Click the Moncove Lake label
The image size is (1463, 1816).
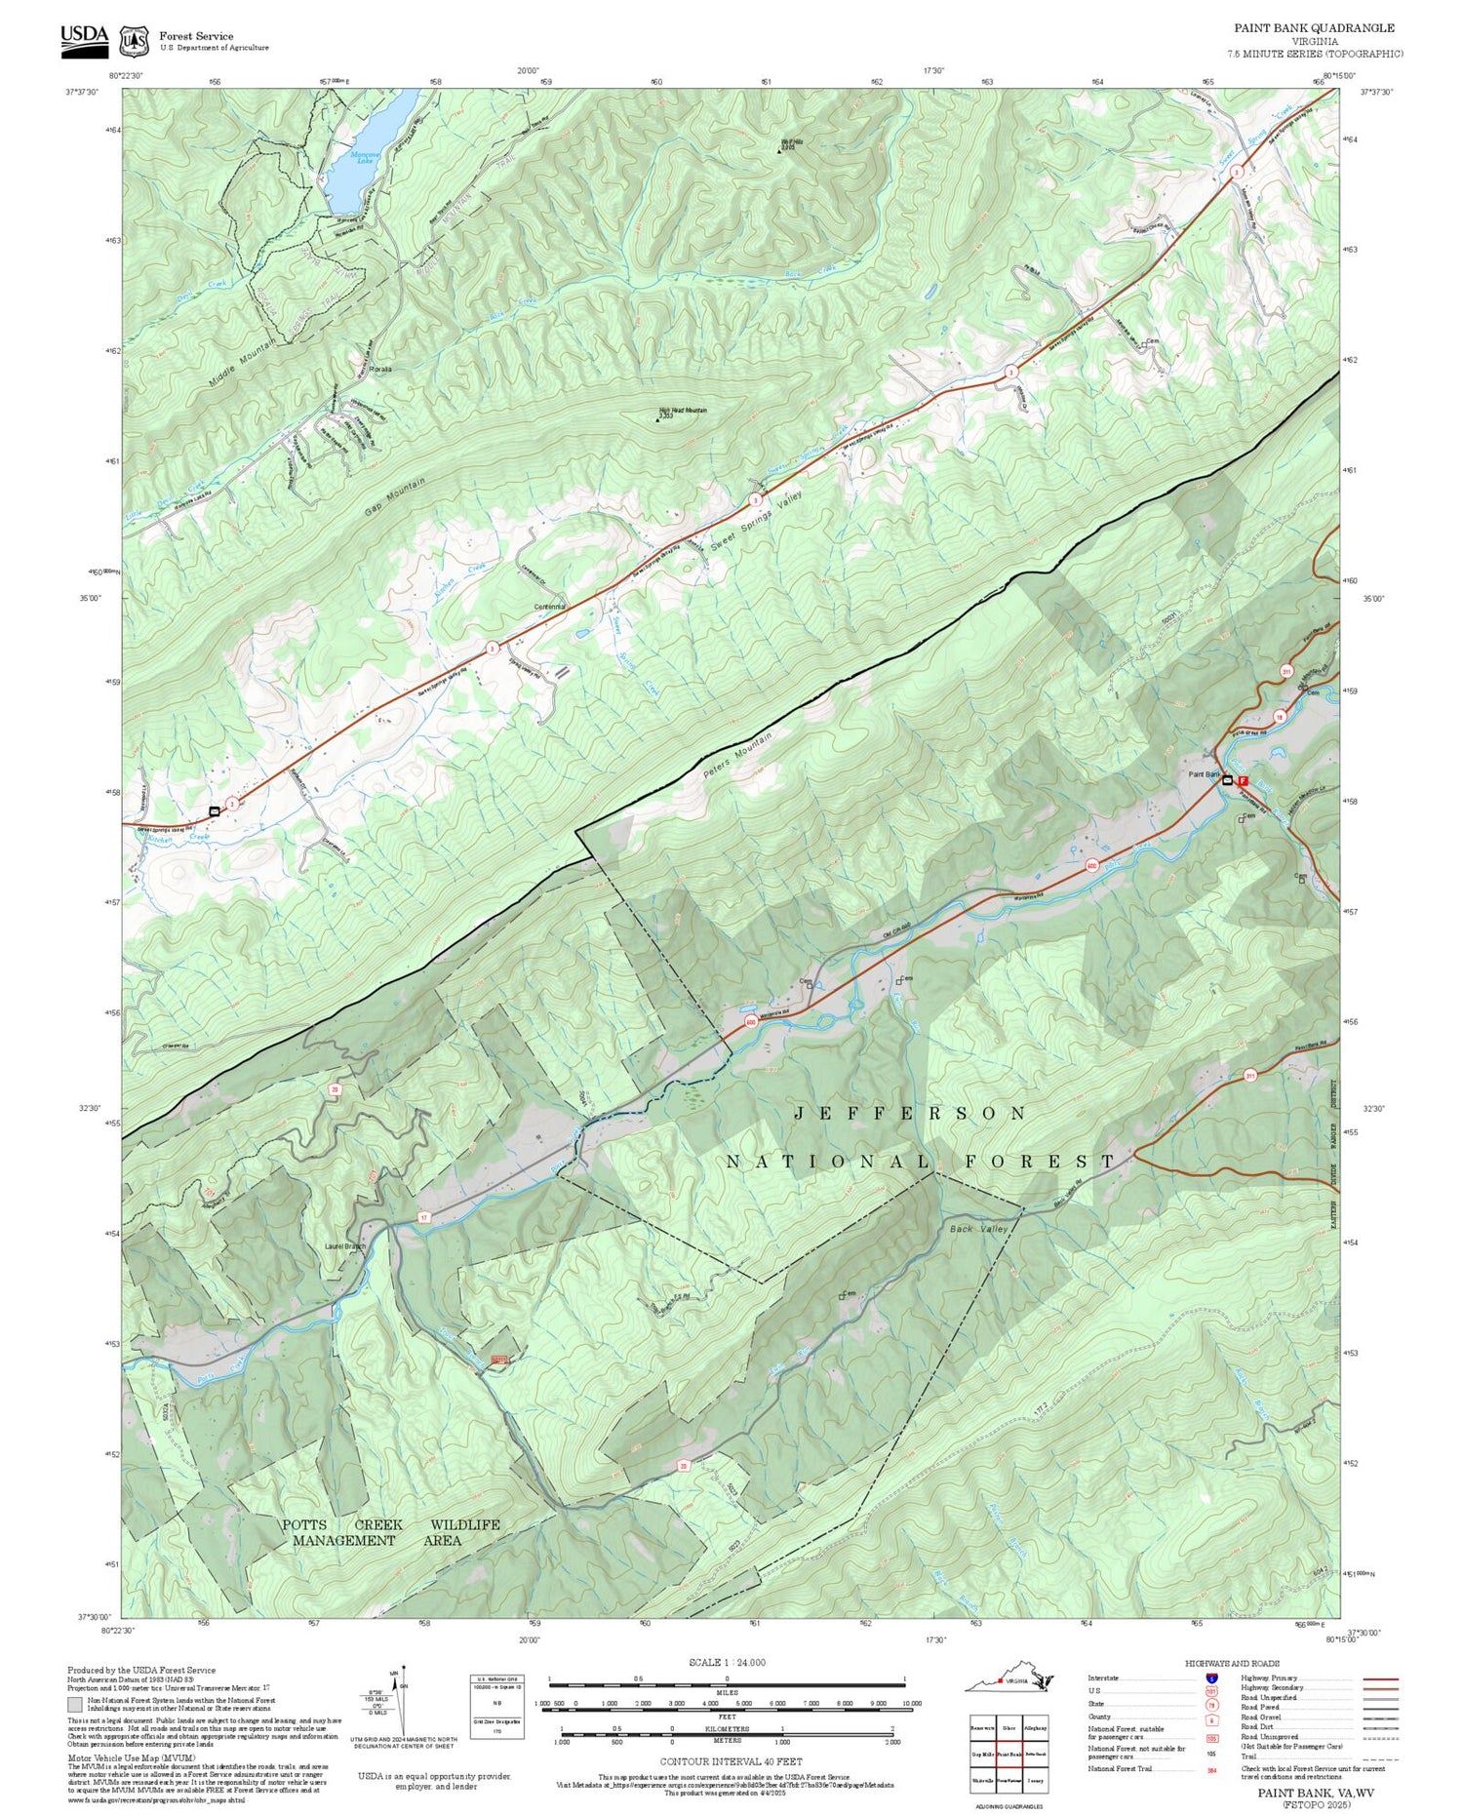(365, 157)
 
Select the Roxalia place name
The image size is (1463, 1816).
(379, 370)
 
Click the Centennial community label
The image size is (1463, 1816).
(549, 607)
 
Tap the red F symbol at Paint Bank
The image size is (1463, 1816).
(1243, 780)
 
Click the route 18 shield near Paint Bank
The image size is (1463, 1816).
(1279, 716)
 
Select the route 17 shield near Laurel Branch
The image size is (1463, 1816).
(423, 1218)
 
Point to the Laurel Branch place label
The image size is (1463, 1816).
(345, 1246)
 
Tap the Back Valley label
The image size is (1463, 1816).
(978, 1230)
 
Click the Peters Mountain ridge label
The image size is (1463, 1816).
(737, 754)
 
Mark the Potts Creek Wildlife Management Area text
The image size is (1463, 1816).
(390, 1532)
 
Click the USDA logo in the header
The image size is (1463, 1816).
(84, 38)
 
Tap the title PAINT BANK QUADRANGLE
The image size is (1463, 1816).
(1314, 28)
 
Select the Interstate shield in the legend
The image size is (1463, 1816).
(1210, 1678)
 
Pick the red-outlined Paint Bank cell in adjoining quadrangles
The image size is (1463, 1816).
(1009, 1754)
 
